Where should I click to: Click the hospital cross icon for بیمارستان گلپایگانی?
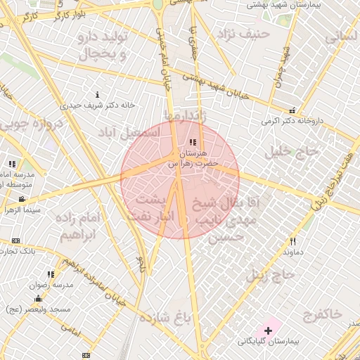coord(268,330)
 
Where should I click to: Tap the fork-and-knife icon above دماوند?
coord(293,241)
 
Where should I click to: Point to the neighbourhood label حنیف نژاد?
coord(243,33)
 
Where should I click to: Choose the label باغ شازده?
coord(166,318)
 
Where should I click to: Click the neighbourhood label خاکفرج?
coord(319,314)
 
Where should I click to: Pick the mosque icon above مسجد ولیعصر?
coord(37,299)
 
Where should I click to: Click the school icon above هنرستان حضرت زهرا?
coord(193,143)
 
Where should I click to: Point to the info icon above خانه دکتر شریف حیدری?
coord(97,95)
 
